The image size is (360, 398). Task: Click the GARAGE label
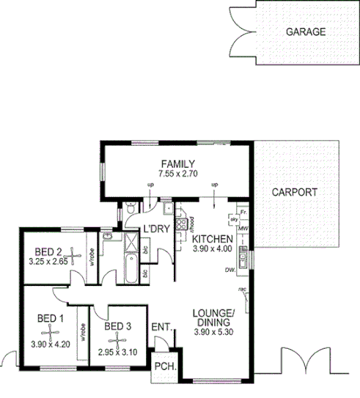[x=304, y=32]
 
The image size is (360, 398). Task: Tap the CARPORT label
[x=294, y=193]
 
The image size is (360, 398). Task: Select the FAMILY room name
[x=177, y=163]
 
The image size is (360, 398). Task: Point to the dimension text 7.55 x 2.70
[x=177, y=174]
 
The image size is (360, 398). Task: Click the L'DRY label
[x=156, y=228]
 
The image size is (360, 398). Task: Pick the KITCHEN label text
[x=213, y=239]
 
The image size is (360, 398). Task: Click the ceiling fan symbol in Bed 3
[x=115, y=341]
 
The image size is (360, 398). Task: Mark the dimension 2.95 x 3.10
[x=117, y=352]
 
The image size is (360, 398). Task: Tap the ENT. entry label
[x=161, y=327]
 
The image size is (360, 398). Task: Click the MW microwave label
[x=241, y=229]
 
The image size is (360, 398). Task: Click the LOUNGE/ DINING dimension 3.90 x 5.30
[x=213, y=333]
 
